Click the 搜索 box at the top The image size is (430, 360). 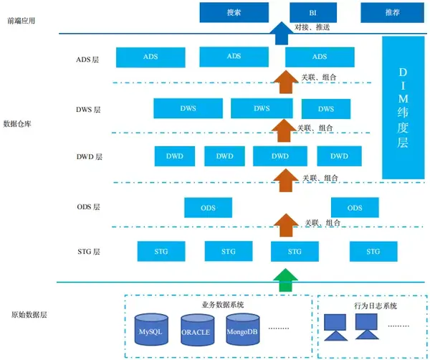pos(234,12)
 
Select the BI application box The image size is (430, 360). pos(313,12)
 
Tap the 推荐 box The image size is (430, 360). pos(392,12)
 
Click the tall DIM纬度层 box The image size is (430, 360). pos(403,108)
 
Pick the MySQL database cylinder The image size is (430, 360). pos(151,330)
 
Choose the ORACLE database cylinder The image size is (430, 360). pos(198,330)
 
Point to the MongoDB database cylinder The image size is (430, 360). pos(243,330)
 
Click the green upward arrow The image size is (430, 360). pos(285,280)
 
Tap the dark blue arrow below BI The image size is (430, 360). pos(282,33)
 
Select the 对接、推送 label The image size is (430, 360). pos(312,27)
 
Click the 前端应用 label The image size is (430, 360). pos(21,21)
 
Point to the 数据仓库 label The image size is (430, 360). pos(17,124)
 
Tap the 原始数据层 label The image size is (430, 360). pos(29,314)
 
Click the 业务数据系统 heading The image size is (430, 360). pos(223,305)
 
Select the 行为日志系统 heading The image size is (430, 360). pos(376,305)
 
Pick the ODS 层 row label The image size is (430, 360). pos(89,207)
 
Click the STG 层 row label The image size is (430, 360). pos(89,251)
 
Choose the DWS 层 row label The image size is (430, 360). pos(88,110)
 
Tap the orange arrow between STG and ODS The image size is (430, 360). pos(286,225)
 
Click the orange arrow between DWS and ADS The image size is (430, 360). pos(286,82)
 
